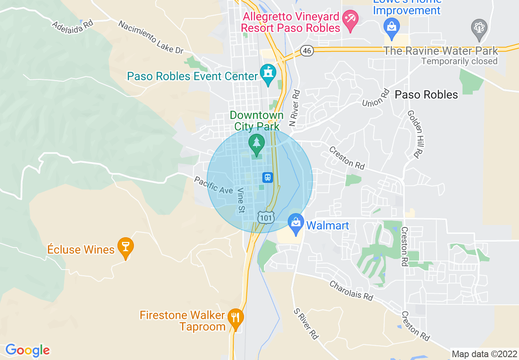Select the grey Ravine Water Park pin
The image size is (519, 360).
[478, 28]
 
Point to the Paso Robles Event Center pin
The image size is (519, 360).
[268, 74]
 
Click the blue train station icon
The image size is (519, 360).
[268, 177]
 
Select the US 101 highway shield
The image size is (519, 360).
[266, 218]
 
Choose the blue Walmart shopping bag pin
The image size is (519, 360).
[296, 223]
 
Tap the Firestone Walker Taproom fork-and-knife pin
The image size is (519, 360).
[235, 317]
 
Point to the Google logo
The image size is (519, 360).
[27, 350]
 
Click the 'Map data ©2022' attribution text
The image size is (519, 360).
[484, 354]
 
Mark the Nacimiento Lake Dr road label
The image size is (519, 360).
[151, 37]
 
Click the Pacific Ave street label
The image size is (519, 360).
[213, 185]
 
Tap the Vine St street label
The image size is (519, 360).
[241, 200]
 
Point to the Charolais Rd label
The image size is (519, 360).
[352, 290]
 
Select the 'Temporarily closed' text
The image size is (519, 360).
[459, 61]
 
